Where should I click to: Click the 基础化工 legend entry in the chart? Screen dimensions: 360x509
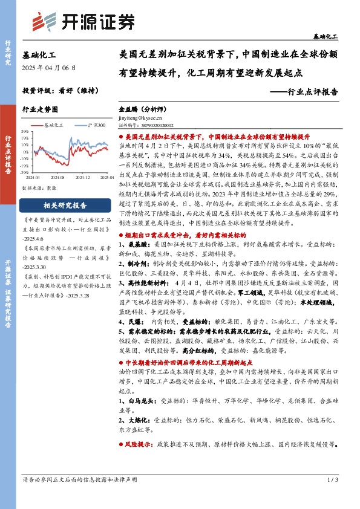point(51,124)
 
